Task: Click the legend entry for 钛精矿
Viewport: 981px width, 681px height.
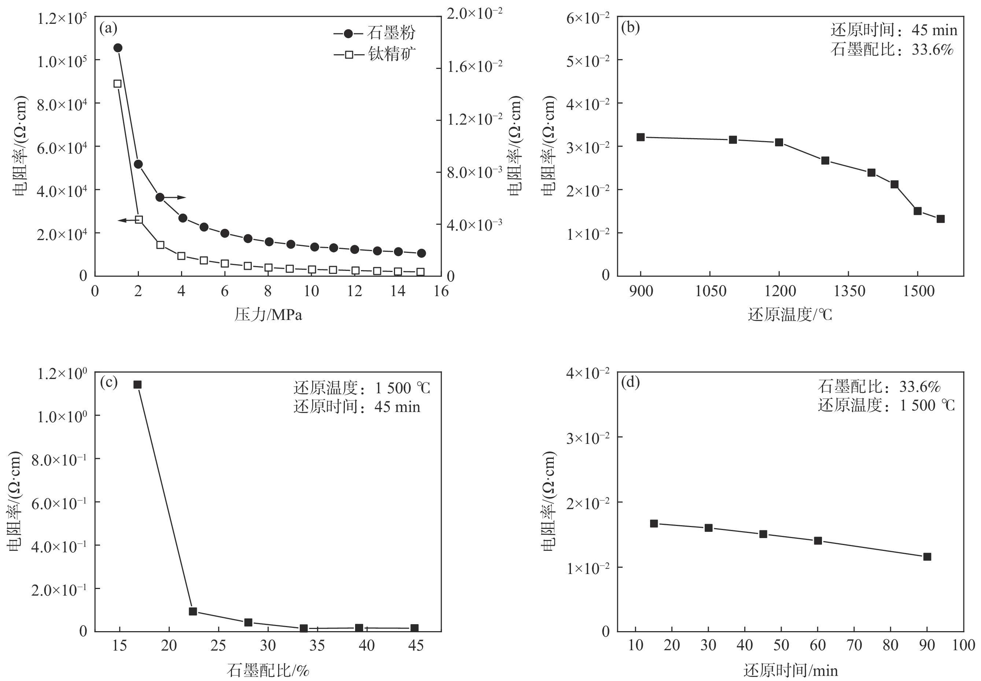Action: [x=374, y=54]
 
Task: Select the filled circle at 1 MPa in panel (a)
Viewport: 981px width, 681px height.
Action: [x=118, y=48]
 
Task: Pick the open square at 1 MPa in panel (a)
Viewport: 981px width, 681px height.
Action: [x=117, y=84]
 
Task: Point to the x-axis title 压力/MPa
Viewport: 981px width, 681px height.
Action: [x=268, y=315]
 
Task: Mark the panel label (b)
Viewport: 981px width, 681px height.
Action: [x=630, y=28]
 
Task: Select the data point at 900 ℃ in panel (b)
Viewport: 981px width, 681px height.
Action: [x=640, y=137]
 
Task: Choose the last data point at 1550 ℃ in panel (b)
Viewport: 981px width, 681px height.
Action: [x=940, y=219]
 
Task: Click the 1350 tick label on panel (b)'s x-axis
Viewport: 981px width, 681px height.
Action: [x=848, y=291]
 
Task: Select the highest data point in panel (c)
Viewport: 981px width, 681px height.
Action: [x=137, y=384]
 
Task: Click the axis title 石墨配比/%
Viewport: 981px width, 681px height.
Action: [x=268, y=671]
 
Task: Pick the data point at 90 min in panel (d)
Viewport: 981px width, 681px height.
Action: [x=927, y=556]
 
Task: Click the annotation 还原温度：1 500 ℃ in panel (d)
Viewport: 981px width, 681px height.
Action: [x=886, y=405]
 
